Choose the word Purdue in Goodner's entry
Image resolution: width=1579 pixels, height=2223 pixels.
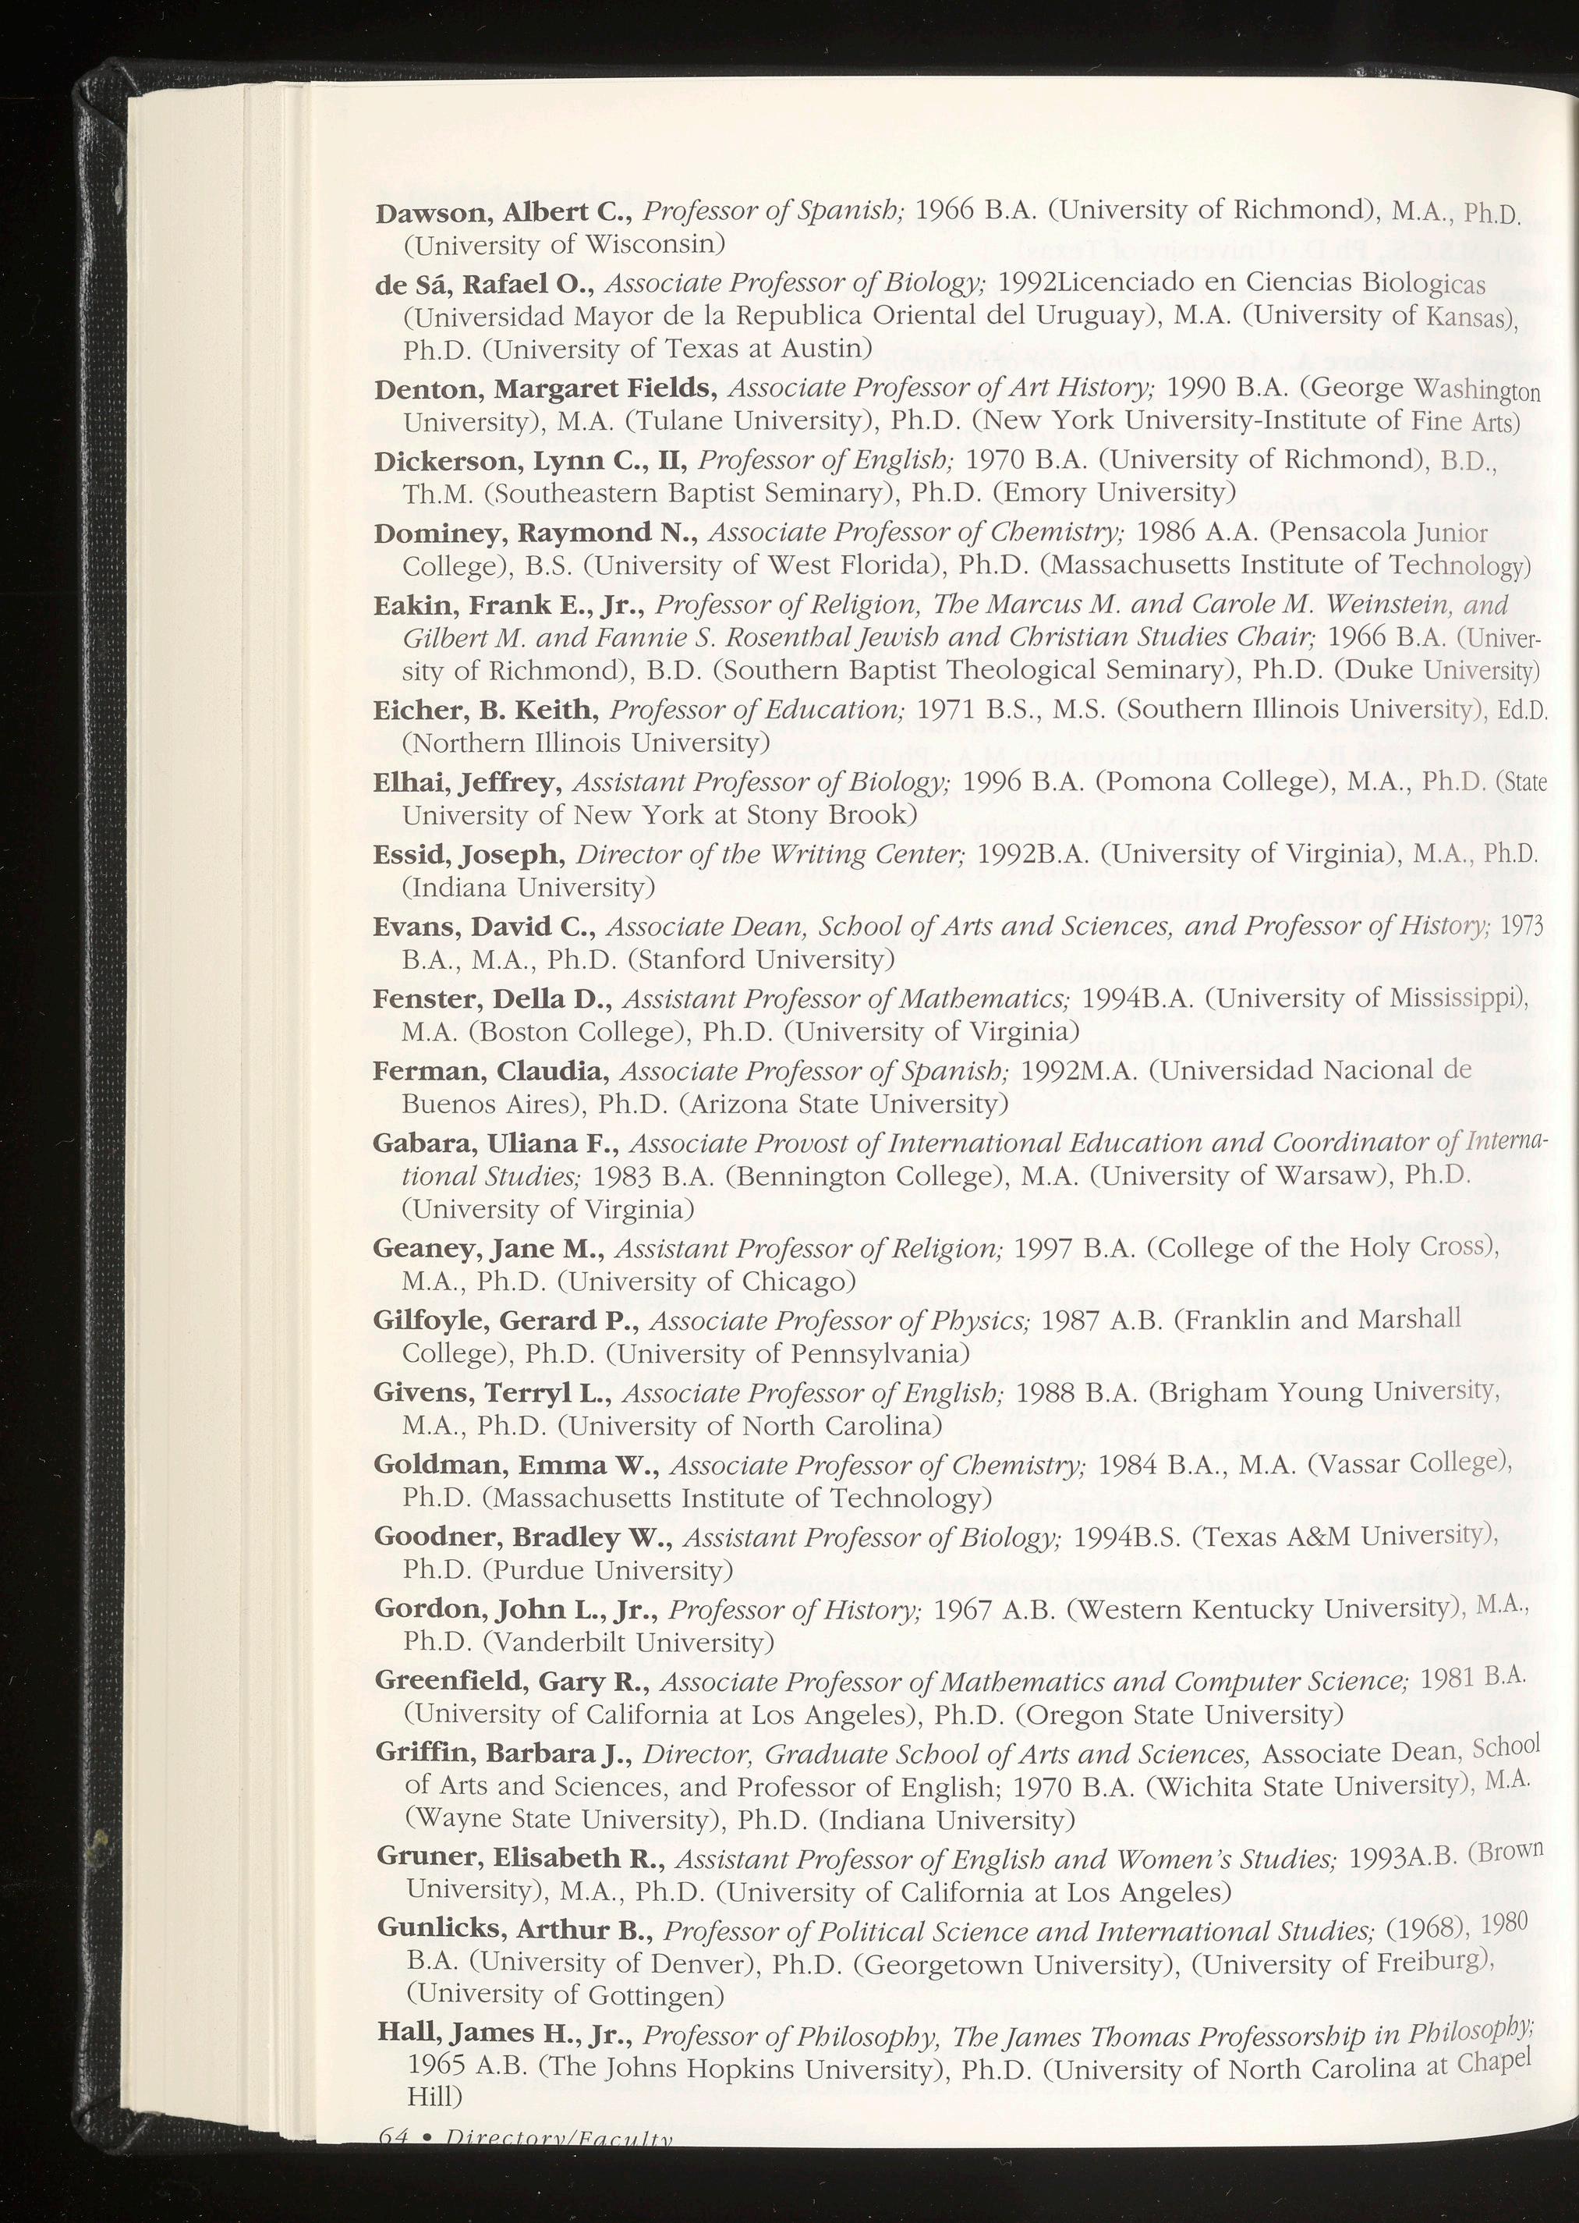(539, 1569)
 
